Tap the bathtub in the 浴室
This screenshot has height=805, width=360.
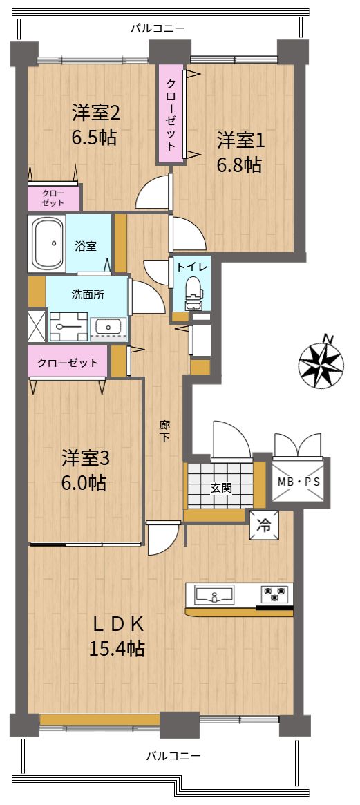[x=47, y=244]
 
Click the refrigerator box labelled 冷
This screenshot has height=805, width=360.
[x=264, y=525]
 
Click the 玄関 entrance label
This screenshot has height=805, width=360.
[x=221, y=488]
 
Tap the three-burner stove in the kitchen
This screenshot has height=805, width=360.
[x=275, y=594]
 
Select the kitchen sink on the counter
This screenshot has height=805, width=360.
[x=214, y=595]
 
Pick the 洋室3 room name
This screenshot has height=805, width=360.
[x=86, y=457]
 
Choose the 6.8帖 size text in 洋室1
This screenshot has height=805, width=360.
[x=239, y=165]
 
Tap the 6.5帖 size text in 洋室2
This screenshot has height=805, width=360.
[x=94, y=137]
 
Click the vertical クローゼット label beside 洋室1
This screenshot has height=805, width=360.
[x=171, y=114]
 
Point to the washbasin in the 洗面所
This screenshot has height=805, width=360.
[x=108, y=329]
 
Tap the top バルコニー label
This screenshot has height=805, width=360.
[x=157, y=28]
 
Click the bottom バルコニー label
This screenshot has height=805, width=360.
[x=173, y=756]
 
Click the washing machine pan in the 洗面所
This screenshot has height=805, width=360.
[x=68, y=327]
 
